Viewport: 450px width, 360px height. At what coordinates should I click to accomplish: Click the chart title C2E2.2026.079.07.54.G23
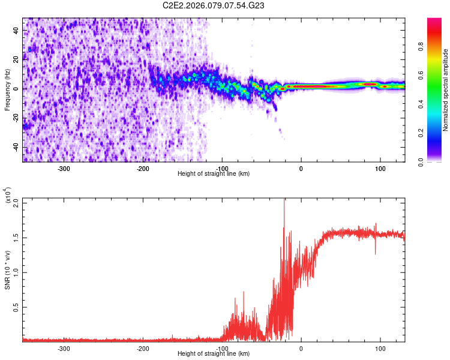pos(214,5)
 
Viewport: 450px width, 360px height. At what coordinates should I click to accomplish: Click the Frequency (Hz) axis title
pos(7,89)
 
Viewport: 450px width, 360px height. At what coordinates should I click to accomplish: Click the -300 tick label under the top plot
pos(64,169)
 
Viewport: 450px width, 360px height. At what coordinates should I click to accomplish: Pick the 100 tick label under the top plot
pos(380,169)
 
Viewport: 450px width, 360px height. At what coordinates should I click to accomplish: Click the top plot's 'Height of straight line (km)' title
pos(214,174)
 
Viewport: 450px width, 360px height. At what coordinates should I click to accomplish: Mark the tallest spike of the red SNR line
pos(284,201)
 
